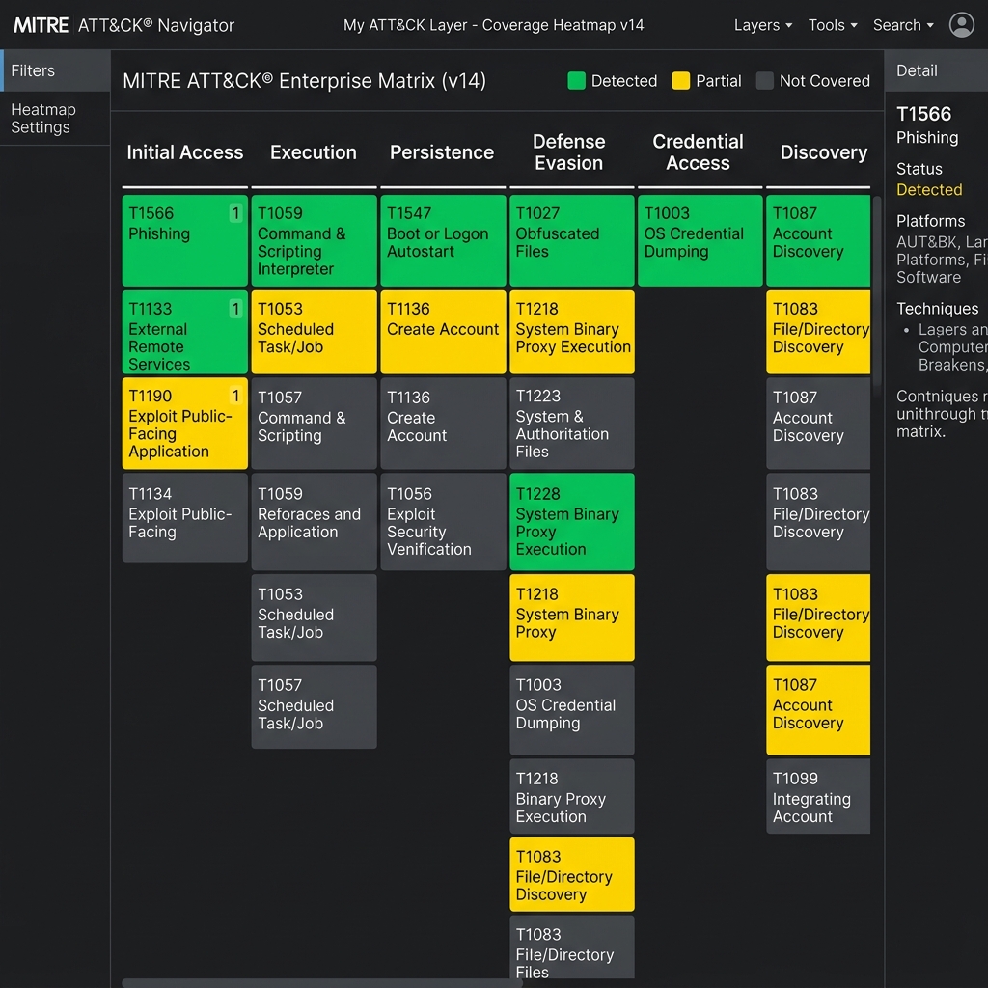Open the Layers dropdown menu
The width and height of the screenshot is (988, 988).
[x=762, y=25]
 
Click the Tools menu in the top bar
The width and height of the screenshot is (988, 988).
[x=833, y=25]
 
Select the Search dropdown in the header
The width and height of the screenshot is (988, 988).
[x=903, y=25]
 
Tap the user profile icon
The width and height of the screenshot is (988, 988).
[x=962, y=25]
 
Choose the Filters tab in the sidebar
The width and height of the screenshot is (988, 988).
[x=55, y=70]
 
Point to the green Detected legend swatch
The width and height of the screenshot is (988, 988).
[x=577, y=81]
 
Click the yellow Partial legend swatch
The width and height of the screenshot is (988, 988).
[x=681, y=81]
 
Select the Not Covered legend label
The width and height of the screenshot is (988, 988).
[x=824, y=81]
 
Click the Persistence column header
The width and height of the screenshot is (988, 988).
[x=442, y=152]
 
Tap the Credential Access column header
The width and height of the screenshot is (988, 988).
[x=699, y=151]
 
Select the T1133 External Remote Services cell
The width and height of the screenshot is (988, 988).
[x=184, y=332]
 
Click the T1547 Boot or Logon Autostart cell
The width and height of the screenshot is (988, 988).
[x=443, y=240]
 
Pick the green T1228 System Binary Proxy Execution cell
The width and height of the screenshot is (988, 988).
[x=572, y=522]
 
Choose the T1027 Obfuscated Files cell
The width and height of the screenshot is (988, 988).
[x=572, y=240]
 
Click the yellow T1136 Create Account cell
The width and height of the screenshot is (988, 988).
[x=443, y=332]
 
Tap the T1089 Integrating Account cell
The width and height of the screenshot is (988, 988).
[x=818, y=796]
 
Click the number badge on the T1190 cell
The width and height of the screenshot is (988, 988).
[x=235, y=396]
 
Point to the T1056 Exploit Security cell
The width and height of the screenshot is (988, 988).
[x=443, y=522]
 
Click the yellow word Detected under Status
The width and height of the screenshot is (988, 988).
[x=929, y=190]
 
